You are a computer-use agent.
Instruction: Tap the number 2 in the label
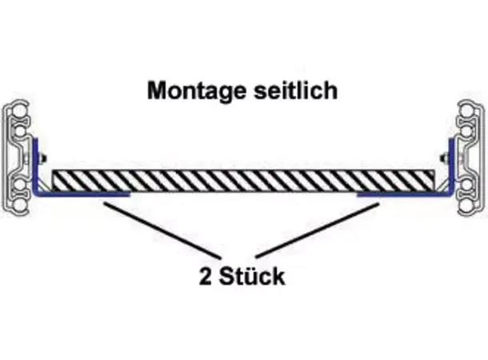click(x=206, y=277)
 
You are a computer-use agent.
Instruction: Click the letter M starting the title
click(x=156, y=90)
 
